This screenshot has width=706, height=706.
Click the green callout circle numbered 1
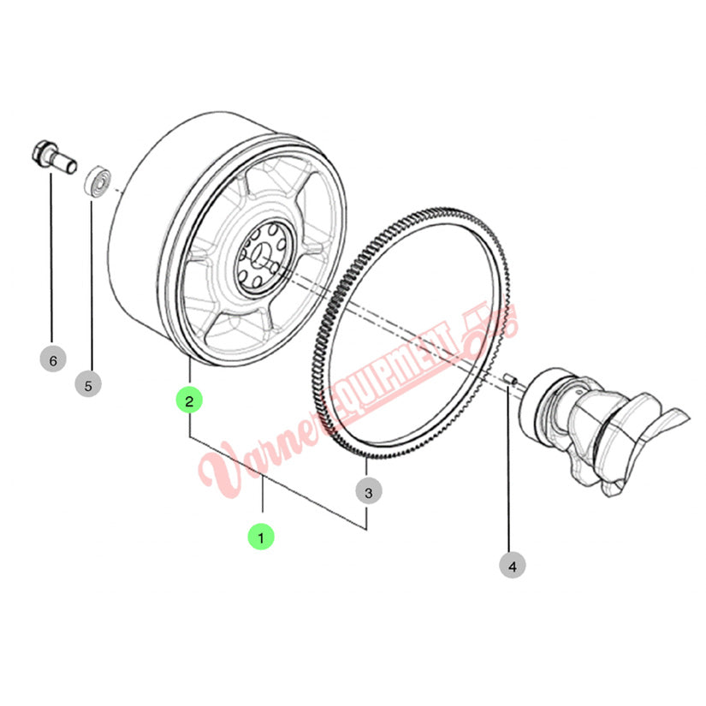261,537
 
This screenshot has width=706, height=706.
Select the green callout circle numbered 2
189,400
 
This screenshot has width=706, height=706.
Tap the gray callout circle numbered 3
368,492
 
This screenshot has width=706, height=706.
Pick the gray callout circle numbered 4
513,566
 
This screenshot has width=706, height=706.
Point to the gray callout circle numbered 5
88,384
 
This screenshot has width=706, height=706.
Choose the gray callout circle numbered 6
53,359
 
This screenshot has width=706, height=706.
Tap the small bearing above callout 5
98,181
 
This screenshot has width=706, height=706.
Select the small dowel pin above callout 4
510,378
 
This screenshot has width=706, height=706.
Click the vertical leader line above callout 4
509,468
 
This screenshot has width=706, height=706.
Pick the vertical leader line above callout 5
92,286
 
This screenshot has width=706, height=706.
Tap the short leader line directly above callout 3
366,469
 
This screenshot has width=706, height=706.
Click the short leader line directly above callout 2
190,373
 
